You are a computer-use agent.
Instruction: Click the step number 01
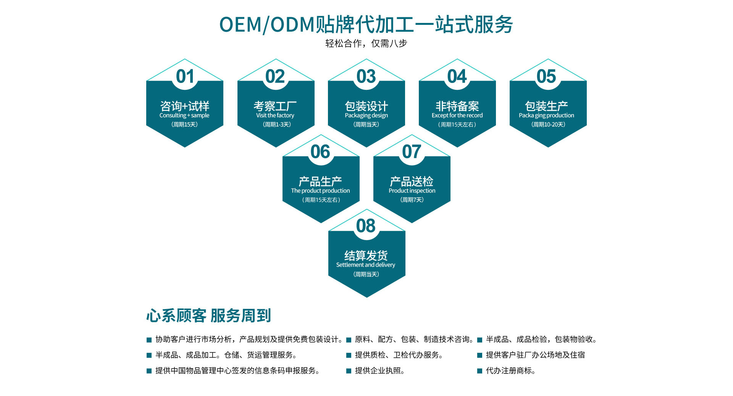(185, 76)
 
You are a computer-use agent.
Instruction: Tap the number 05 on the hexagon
(546, 76)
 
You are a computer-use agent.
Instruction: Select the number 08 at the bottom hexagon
(366, 226)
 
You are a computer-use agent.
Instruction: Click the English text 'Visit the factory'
(275, 115)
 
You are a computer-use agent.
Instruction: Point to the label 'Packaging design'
(366, 115)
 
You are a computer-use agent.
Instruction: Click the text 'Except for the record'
(457, 115)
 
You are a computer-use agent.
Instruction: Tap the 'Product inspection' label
(412, 191)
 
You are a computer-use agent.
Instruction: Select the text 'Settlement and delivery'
(366, 265)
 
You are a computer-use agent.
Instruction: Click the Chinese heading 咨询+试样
(185, 106)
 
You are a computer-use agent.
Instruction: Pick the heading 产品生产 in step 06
(320, 181)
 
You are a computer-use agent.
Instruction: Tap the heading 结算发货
(366, 255)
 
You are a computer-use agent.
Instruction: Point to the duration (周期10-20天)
(548, 125)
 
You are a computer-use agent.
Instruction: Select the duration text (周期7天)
(412, 200)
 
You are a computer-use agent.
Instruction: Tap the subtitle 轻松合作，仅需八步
(366, 44)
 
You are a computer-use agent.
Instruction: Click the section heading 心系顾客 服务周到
(208, 316)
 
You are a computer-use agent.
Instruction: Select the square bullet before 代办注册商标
(480, 371)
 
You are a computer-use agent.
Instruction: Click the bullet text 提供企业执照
(379, 371)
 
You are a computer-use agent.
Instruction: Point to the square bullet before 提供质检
(349, 355)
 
